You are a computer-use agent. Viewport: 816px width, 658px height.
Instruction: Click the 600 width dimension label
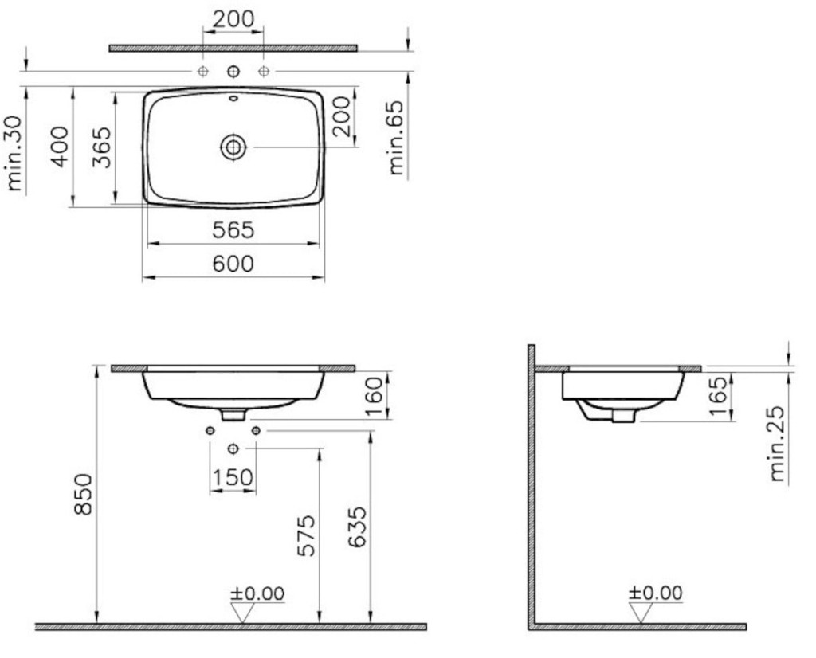(233, 264)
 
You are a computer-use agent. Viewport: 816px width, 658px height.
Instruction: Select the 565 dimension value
(233, 230)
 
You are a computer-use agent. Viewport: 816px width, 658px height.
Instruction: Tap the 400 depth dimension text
(60, 147)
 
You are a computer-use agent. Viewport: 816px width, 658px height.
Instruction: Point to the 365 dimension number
(102, 147)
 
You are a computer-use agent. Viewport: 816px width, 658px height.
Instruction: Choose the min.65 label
(396, 137)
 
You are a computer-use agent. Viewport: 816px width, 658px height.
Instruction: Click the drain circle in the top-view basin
(233, 147)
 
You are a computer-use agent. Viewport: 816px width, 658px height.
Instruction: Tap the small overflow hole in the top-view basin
(233, 98)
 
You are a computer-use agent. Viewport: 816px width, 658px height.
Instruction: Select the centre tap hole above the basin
(233, 71)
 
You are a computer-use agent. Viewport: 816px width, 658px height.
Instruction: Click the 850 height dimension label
(83, 494)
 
